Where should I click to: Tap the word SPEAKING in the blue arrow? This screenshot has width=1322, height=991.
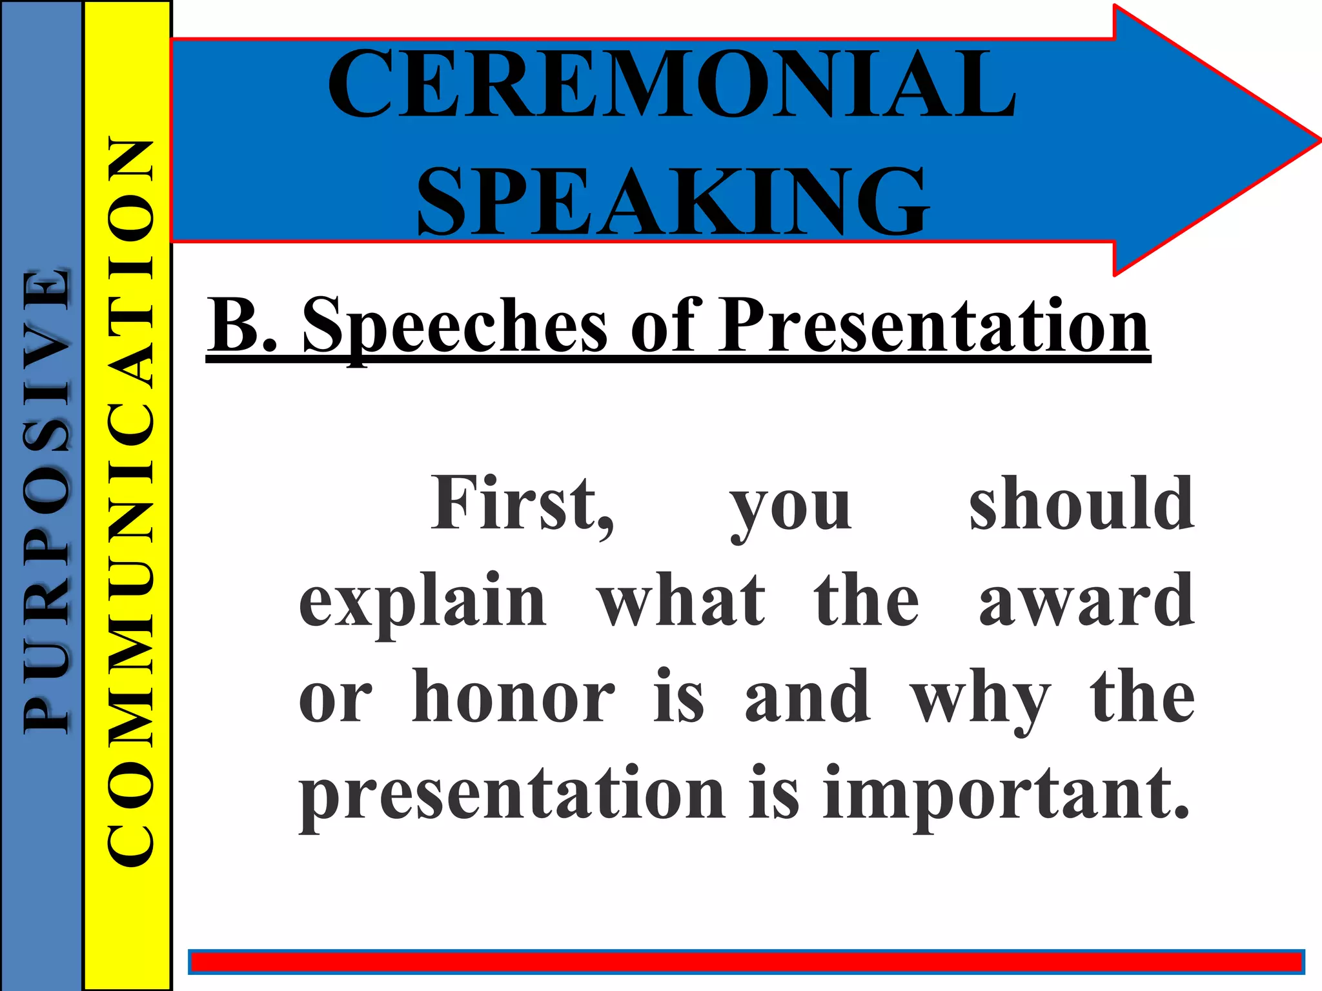pos(673,201)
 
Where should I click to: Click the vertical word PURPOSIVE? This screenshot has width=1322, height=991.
pos(45,500)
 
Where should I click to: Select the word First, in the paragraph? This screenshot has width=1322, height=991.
pos(523,504)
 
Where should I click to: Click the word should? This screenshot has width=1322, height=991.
pos(1082,503)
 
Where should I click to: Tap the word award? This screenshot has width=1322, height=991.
pos(1086,601)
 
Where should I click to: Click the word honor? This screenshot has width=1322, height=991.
pos(513,697)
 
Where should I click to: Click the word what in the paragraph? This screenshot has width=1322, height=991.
pos(681,601)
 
